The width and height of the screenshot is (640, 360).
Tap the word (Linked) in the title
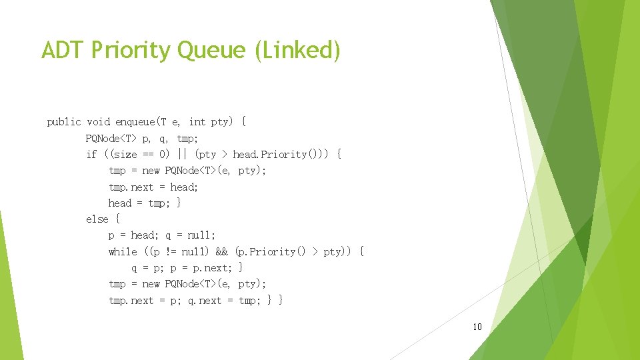click(x=297, y=50)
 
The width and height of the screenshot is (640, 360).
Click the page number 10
click(x=477, y=327)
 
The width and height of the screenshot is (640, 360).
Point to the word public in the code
click(x=64, y=121)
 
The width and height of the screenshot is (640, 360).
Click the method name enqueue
click(x=135, y=121)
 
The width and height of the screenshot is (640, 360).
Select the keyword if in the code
click(x=91, y=154)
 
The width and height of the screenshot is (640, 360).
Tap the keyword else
click(x=97, y=219)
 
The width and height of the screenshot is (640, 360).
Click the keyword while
click(x=123, y=251)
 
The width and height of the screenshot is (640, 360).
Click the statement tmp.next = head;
click(x=153, y=187)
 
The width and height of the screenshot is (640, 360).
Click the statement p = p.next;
click(x=198, y=267)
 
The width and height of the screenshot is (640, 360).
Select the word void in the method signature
click(x=99, y=121)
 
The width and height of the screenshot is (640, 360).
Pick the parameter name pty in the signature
click(x=220, y=121)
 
